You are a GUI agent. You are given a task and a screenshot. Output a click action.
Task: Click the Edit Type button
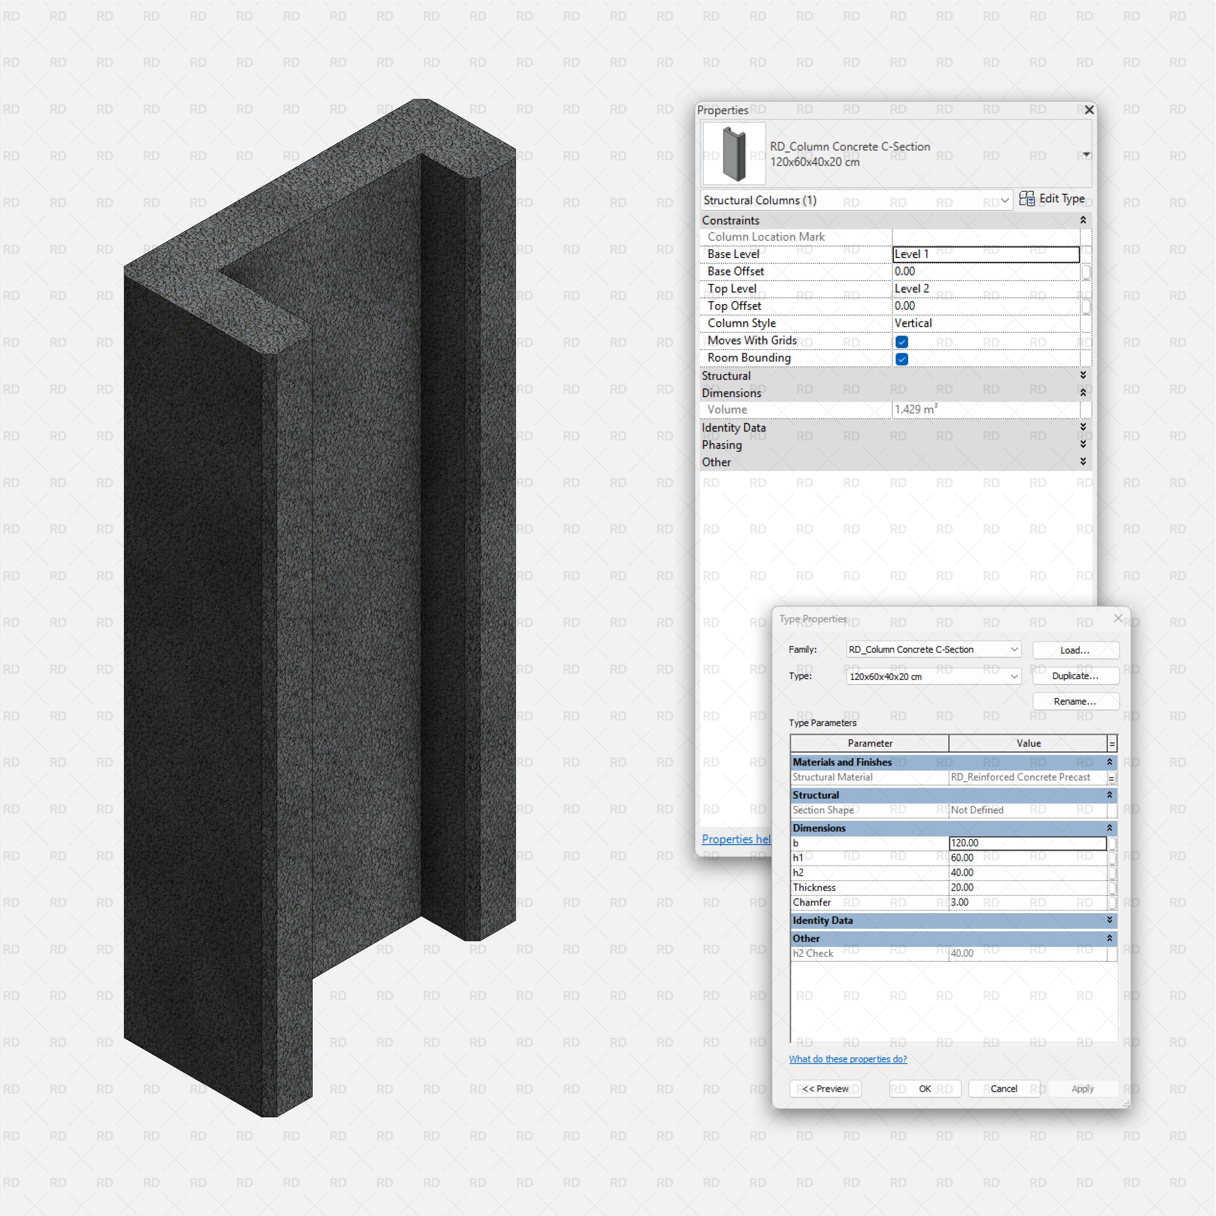tap(1052, 199)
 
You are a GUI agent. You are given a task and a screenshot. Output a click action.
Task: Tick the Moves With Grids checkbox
tap(901, 342)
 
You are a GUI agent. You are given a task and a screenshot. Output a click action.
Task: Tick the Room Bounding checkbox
tap(901, 359)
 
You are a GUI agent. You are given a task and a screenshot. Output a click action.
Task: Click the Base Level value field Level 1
tap(985, 254)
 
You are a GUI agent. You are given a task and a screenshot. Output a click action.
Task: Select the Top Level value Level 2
tap(985, 288)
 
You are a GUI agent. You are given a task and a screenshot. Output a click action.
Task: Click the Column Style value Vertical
tap(985, 323)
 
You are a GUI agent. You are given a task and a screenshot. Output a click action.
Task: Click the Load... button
tap(1075, 650)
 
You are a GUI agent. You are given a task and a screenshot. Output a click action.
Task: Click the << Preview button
tap(825, 1089)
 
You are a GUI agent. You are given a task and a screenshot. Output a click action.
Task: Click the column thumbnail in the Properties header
tap(734, 154)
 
